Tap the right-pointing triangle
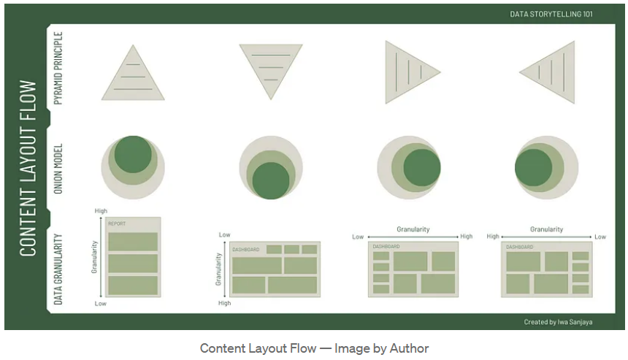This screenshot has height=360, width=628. pos(409,71)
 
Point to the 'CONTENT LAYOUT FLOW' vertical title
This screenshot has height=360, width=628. pos(28,168)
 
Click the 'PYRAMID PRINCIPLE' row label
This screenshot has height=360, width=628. pos(59,67)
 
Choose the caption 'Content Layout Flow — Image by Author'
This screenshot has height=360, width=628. pos(314,348)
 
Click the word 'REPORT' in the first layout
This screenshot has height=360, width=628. pos(117,223)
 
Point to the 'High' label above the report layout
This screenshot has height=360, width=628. pos(102,211)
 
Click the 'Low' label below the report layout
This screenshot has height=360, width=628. pos(102,302)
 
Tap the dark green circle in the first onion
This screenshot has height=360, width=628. pos(133,154)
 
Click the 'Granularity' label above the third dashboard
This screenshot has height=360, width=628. pos(413,229)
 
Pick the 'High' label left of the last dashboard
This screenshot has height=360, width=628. pos(493,237)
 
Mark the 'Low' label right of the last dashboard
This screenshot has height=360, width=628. pos(600,237)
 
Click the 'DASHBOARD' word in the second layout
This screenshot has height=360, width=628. pos(246,250)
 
